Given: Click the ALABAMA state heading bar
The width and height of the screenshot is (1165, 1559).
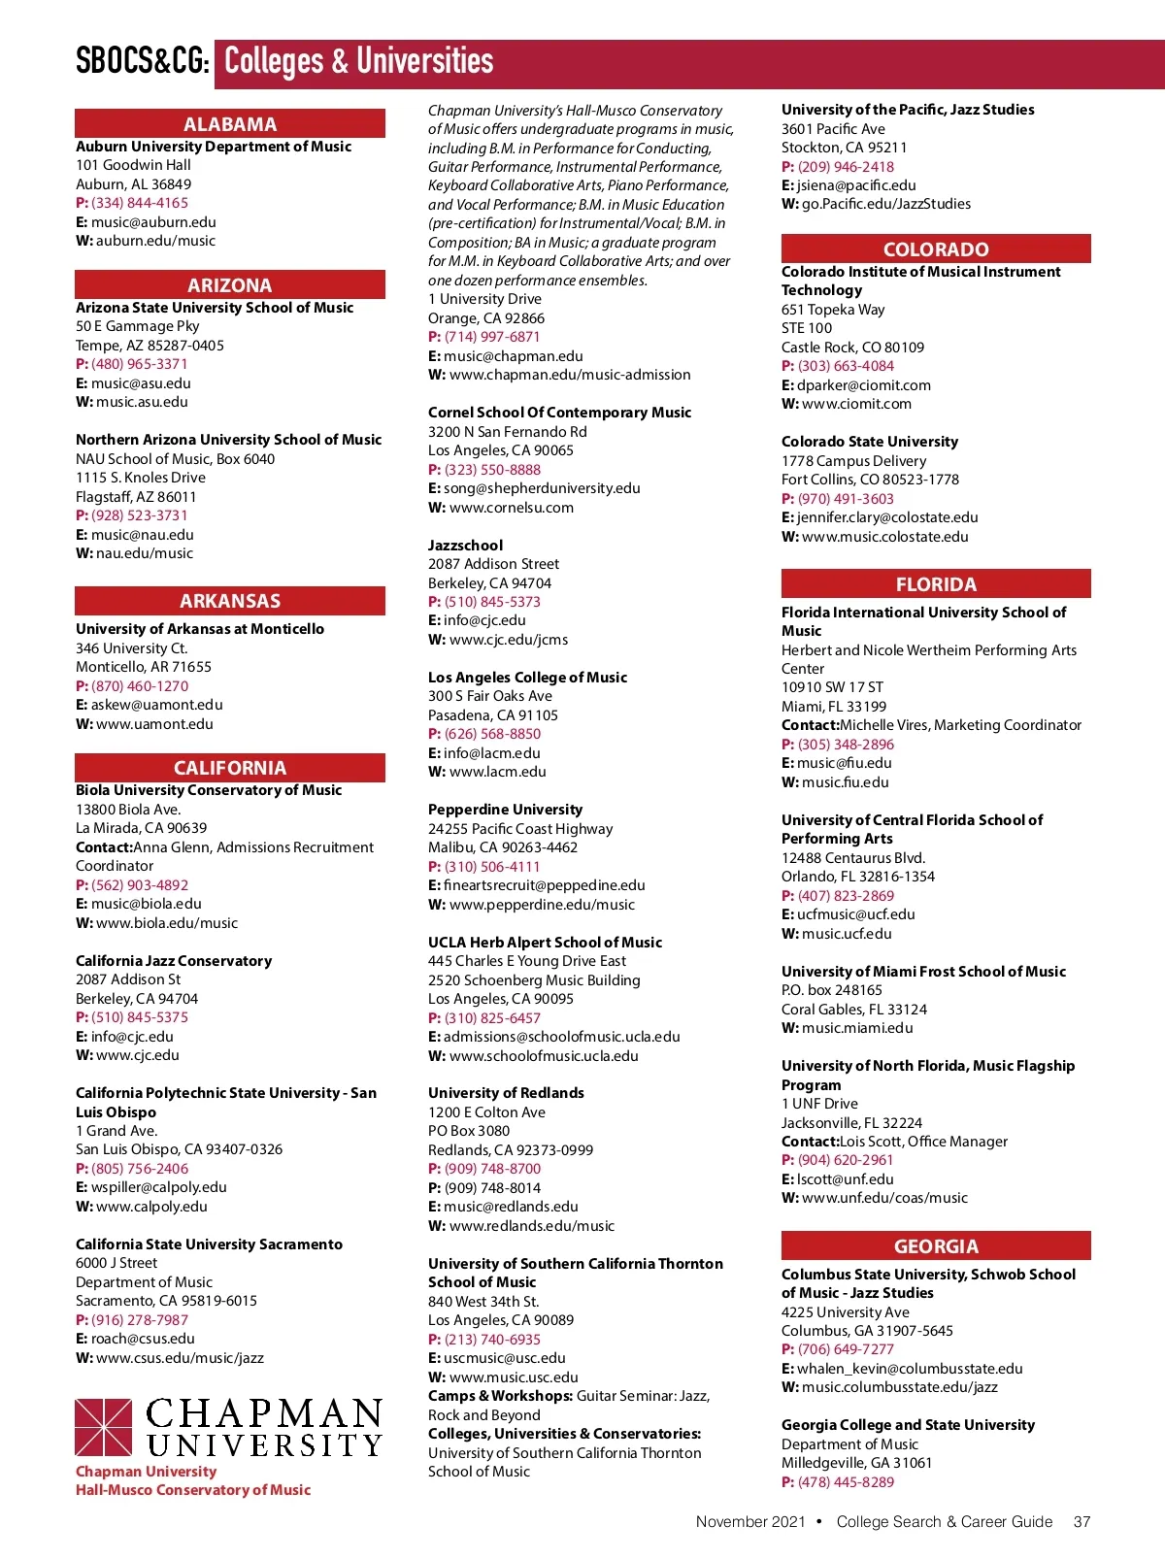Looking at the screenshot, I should (x=230, y=124).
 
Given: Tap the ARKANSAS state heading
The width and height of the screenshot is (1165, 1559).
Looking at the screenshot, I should (x=230, y=601).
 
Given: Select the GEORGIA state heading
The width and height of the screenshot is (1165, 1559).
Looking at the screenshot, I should (x=936, y=1246).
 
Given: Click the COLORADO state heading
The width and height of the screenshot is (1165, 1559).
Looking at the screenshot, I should (x=936, y=249).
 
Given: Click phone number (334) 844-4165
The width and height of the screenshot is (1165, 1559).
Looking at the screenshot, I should (x=140, y=203).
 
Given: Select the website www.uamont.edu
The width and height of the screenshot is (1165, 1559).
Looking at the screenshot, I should (x=154, y=724).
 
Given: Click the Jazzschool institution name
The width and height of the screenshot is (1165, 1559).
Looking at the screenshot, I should (x=465, y=546).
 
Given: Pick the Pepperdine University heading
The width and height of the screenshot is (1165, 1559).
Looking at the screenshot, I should (x=505, y=810).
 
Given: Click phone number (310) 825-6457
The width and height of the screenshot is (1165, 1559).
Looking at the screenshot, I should (x=492, y=1018).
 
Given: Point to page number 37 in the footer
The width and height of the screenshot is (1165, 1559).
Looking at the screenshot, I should (x=1082, y=1522).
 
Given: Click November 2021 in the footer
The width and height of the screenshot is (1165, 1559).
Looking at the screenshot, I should (x=750, y=1522).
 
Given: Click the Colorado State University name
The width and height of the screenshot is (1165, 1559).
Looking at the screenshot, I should (x=869, y=442).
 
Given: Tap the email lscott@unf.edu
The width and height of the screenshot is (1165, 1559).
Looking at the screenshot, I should (x=845, y=1179).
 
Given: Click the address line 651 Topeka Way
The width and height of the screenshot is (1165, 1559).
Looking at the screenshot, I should (x=833, y=310).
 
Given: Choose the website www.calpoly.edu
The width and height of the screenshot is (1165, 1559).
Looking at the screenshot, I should (x=151, y=1207).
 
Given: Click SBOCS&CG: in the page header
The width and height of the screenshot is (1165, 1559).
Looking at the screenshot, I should (x=143, y=62).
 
